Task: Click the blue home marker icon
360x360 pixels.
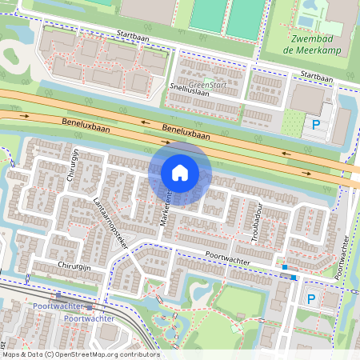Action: click(180, 172)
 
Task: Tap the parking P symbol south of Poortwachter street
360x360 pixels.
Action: click(312, 298)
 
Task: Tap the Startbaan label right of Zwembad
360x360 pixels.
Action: click(317, 77)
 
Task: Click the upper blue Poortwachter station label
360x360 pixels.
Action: click(58, 306)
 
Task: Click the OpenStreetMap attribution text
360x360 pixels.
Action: click(80, 354)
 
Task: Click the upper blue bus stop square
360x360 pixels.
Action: click(285, 266)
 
